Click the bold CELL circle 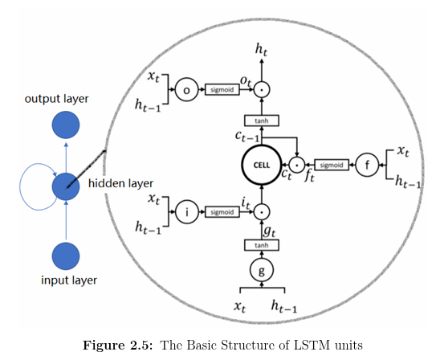[x=261, y=166]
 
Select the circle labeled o [x=187, y=91]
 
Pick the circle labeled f [x=367, y=165]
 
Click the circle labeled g [x=261, y=269]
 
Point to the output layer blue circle [x=65, y=126]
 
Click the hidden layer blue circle [x=65, y=187]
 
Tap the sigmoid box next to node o [x=221, y=91]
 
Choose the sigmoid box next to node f [x=331, y=166]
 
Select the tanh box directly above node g [x=261, y=245]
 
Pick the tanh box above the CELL [x=261, y=121]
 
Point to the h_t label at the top [x=261, y=51]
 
